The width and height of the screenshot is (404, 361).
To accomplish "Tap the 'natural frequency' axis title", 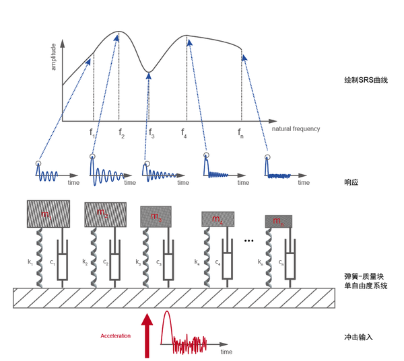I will click(x=296, y=128).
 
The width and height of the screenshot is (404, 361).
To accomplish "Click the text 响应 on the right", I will click(x=350, y=182).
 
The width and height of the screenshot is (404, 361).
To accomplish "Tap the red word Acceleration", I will click(x=115, y=335).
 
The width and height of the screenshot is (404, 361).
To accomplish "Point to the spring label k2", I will click(x=85, y=259).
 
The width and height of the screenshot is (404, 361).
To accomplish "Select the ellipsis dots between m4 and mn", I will click(x=249, y=240).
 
